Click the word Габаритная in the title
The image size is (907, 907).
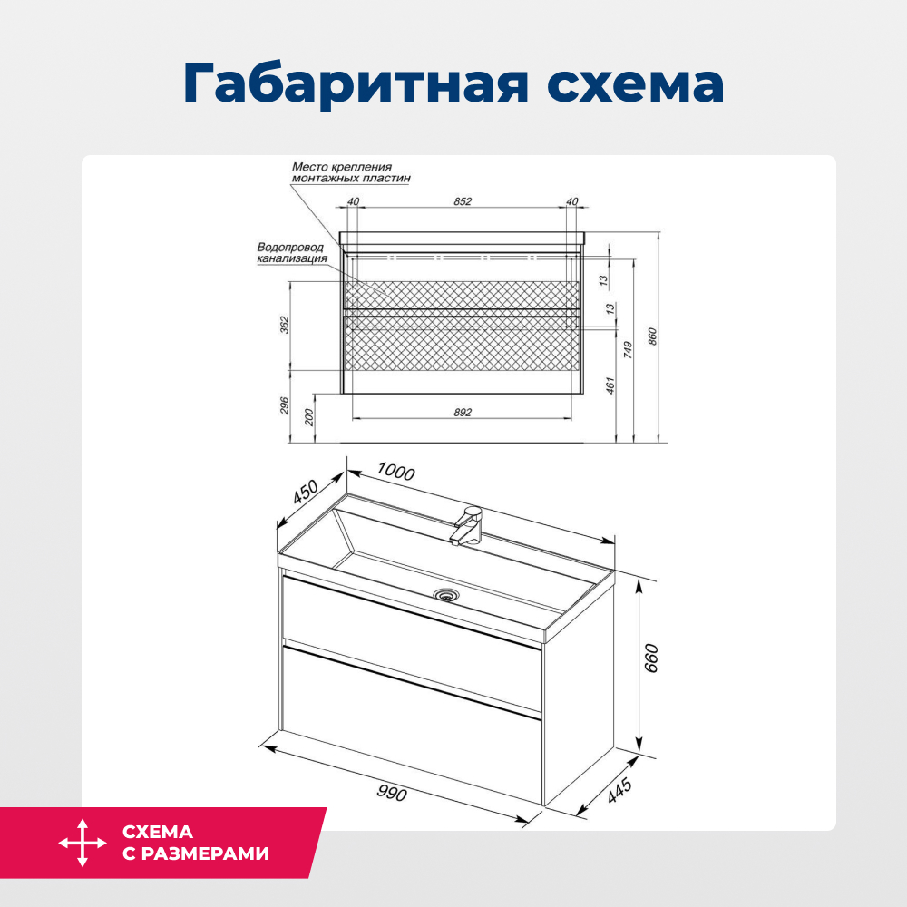point(356,84)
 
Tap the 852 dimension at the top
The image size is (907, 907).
point(463,201)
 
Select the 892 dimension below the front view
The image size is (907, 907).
point(463,412)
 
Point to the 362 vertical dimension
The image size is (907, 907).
point(283,324)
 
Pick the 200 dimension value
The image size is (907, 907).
point(308,417)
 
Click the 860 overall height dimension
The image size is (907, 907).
point(651,336)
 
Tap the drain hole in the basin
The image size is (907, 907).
point(446,595)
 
